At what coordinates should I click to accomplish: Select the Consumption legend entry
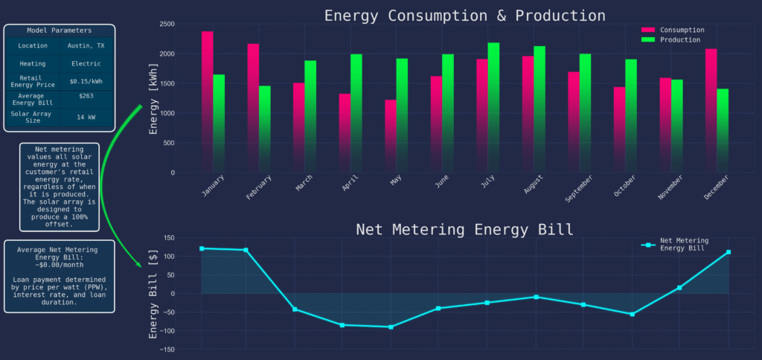[x=682, y=30]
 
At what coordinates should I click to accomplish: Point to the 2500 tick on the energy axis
[x=166, y=25]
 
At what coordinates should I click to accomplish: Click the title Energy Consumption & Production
[x=464, y=15]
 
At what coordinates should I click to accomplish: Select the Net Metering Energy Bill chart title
[x=464, y=229]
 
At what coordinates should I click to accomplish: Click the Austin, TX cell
[x=86, y=45]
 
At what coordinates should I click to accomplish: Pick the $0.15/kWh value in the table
[x=86, y=81]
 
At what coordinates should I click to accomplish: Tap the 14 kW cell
[x=86, y=117]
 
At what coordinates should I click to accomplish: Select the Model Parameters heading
[x=60, y=30]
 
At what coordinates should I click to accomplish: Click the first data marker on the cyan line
[x=202, y=248]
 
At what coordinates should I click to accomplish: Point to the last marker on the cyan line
[x=728, y=252]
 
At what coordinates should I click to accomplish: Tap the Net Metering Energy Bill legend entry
[x=684, y=244]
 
